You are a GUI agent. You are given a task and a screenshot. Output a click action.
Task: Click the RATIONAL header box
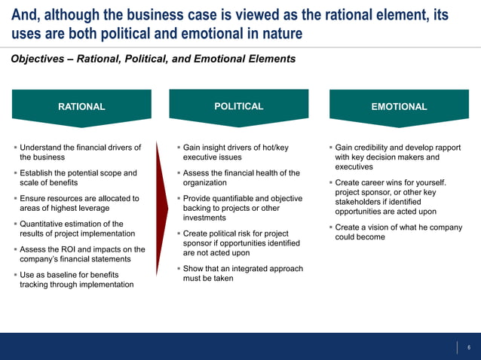[81, 107]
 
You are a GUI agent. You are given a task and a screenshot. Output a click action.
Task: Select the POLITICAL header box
[238, 106]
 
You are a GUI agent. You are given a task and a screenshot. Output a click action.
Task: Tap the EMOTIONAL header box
[399, 107]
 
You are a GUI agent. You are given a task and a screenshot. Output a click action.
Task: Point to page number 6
[469, 347]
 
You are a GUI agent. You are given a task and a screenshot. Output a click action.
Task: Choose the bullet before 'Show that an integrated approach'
[177, 269]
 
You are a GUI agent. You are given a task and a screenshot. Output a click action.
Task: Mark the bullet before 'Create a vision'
[330, 227]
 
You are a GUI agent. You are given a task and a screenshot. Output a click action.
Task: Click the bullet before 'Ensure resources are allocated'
[15, 199]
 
